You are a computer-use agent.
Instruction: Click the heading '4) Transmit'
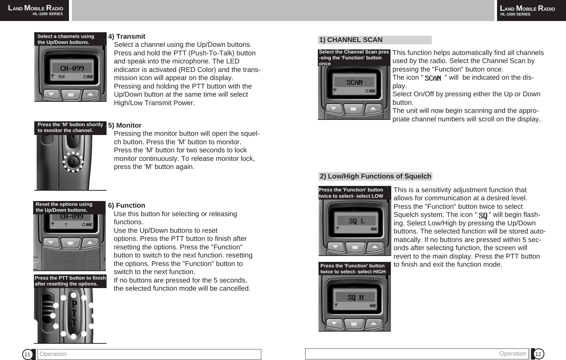(x=126, y=37)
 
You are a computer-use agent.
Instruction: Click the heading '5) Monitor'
(x=125, y=125)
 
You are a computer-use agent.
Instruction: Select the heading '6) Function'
(x=126, y=205)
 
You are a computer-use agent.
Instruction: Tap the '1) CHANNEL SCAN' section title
(x=351, y=40)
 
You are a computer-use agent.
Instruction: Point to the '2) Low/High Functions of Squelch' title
(x=375, y=176)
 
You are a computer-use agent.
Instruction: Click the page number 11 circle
(x=27, y=354)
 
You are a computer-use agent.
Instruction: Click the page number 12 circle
(x=538, y=354)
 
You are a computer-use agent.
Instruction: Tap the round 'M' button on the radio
(x=73, y=162)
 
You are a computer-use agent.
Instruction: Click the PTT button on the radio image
(x=74, y=314)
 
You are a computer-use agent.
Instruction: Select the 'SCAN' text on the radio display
(x=354, y=83)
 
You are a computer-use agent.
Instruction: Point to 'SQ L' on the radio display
(x=356, y=221)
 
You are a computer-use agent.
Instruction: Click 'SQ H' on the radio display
(x=355, y=297)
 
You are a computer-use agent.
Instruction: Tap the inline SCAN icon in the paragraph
(x=433, y=78)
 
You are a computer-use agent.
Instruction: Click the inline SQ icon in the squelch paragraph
(x=483, y=215)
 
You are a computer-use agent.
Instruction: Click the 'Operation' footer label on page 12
(x=513, y=353)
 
